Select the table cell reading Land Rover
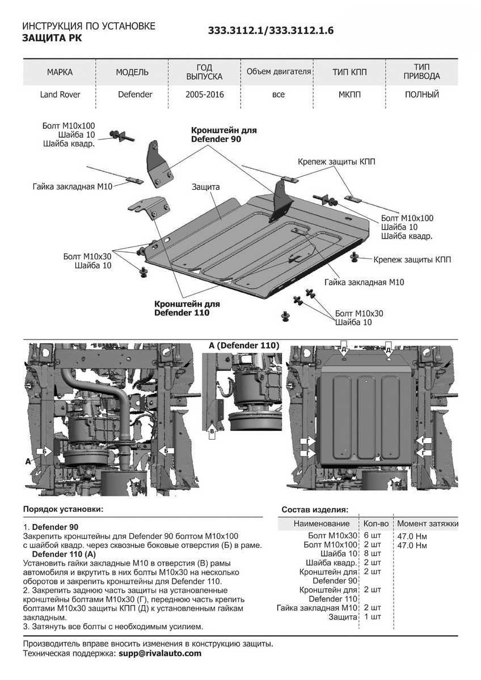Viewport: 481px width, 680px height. point(60,95)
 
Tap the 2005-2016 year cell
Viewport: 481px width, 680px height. point(204,95)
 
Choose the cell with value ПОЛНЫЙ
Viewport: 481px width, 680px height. point(422,95)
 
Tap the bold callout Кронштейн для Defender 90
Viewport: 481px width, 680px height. point(223,135)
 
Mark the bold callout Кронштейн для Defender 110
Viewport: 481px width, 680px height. point(187,308)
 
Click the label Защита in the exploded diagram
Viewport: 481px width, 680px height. point(205,186)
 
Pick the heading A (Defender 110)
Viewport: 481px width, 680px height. point(244,345)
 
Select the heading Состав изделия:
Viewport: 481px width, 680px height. point(315,509)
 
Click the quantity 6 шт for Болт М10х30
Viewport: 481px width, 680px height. point(372,535)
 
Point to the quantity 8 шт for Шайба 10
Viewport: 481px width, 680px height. point(372,554)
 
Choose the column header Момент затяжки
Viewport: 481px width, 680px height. point(428,524)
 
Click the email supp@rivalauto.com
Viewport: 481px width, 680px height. point(159,653)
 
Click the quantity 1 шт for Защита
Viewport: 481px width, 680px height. point(372,617)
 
